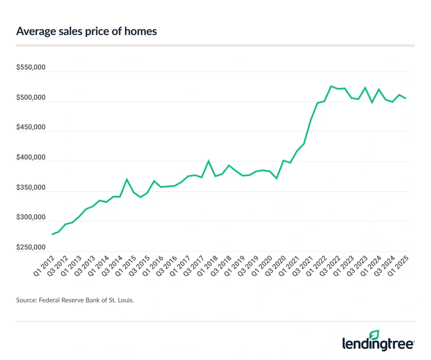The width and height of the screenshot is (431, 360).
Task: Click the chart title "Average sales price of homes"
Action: (86, 31)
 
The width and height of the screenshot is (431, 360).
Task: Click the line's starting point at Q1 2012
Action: (52, 234)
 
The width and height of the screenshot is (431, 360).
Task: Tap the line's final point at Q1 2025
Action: (406, 99)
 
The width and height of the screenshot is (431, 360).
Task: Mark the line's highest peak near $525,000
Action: (331, 86)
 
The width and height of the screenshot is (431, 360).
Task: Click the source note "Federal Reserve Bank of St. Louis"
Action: (75, 300)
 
